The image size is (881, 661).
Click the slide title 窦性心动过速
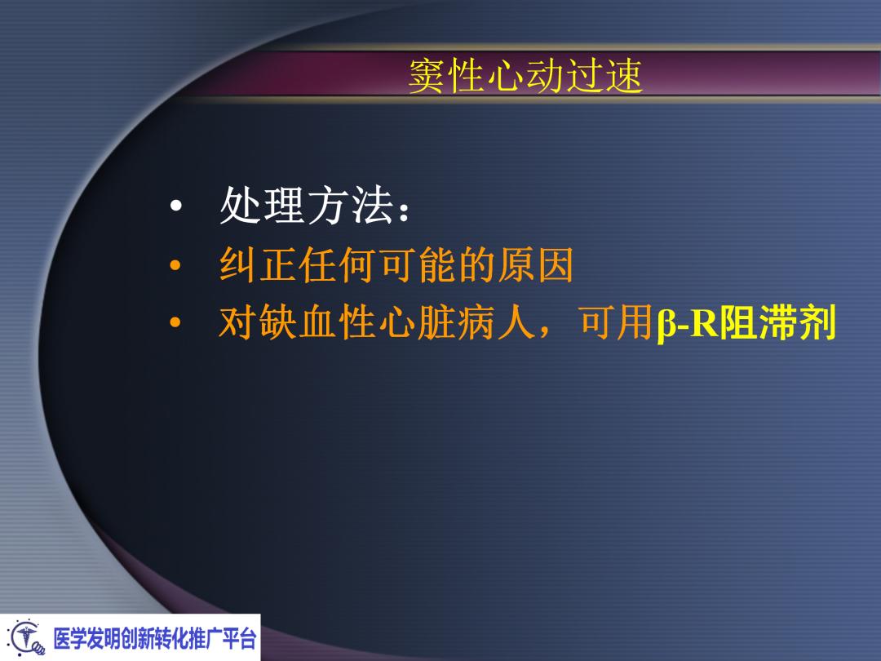coord(525,78)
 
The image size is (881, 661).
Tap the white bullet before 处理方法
coord(174,210)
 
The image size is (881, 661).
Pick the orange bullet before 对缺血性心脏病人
coord(174,327)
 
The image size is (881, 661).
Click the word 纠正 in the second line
coord(259,266)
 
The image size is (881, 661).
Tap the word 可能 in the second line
coord(418,266)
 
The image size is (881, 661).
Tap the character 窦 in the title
coord(427,78)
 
